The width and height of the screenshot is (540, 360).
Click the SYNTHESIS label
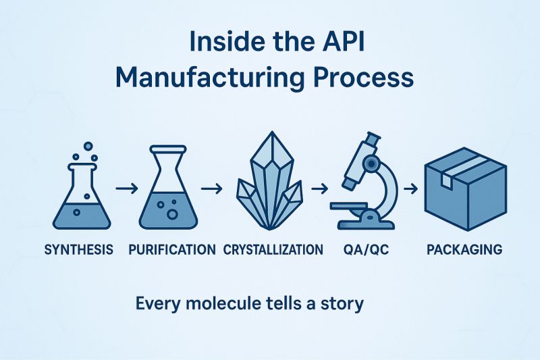click(x=78, y=250)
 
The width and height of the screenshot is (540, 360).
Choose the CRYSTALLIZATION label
click(x=273, y=250)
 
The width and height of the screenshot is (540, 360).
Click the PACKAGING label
click(x=464, y=250)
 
